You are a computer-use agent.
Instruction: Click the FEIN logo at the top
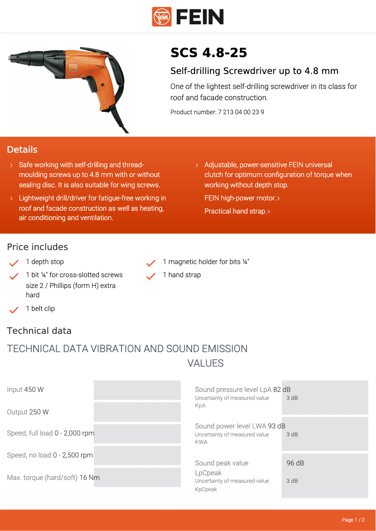click(188, 17)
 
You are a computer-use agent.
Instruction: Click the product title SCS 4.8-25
click(209, 53)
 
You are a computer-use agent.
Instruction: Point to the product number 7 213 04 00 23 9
click(241, 112)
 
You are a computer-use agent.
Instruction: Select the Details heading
click(22, 150)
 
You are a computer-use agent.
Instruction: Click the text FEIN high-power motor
click(240, 198)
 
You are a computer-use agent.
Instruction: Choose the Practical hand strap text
click(235, 211)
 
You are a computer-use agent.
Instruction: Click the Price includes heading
click(38, 247)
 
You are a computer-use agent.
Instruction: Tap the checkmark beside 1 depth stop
click(14, 263)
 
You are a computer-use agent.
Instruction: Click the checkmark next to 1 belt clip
click(14, 310)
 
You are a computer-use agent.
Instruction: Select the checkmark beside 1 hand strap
click(151, 276)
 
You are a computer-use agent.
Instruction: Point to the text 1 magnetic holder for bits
click(206, 262)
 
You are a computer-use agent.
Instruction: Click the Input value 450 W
click(34, 390)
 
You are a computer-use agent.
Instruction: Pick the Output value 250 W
click(39, 412)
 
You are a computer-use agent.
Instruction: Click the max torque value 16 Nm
click(90, 478)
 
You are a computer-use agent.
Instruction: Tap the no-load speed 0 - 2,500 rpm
click(73, 455)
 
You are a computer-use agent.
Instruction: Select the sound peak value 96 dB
click(295, 463)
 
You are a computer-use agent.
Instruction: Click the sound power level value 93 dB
click(277, 426)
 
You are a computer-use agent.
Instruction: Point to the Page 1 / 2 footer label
click(353, 520)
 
